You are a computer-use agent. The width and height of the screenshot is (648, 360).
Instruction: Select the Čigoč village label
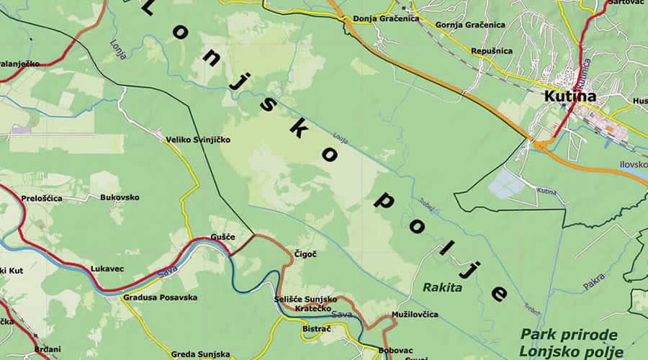tap(305, 253)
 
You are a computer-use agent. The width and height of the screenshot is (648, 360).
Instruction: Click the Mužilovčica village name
tap(415, 315)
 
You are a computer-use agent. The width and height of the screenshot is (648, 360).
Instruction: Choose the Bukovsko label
tap(120, 197)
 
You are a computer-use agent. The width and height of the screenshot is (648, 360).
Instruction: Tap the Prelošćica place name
tap(42, 198)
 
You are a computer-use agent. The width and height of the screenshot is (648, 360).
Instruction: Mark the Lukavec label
tap(107, 269)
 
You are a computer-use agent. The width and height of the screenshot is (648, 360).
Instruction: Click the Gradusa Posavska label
tap(160, 297)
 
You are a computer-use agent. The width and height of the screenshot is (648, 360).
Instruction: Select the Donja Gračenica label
tap(385, 19)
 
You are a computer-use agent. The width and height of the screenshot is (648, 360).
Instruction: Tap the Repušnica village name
tap(492, 51)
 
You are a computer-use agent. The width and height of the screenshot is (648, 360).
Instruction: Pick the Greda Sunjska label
tap(200, 354)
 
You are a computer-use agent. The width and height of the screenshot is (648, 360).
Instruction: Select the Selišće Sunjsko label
tap(305, 299)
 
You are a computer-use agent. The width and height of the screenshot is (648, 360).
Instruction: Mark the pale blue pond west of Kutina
tap(507, 184)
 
